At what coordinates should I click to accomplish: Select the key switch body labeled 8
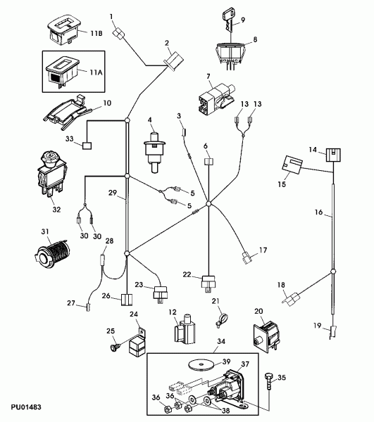coord(231,55)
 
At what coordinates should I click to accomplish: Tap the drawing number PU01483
coord(26,407)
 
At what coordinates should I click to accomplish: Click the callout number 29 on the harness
coord(113,193)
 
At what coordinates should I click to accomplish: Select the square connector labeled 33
coord(87,146)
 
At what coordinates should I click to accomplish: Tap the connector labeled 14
coord(333,155)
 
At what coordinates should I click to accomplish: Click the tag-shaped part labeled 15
coord(292,165)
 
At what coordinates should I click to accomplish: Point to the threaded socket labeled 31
coord(53,253)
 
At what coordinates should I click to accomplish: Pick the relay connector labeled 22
coord(208,283)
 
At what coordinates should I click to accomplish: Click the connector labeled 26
coord(127,300)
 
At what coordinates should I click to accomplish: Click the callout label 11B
coord(96,33)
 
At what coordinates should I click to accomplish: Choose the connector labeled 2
coord(173,61)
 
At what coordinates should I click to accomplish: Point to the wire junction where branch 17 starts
coord(208,204)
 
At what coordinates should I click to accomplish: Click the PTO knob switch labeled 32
coord(51,173)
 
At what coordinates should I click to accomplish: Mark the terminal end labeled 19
coord(333,331)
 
